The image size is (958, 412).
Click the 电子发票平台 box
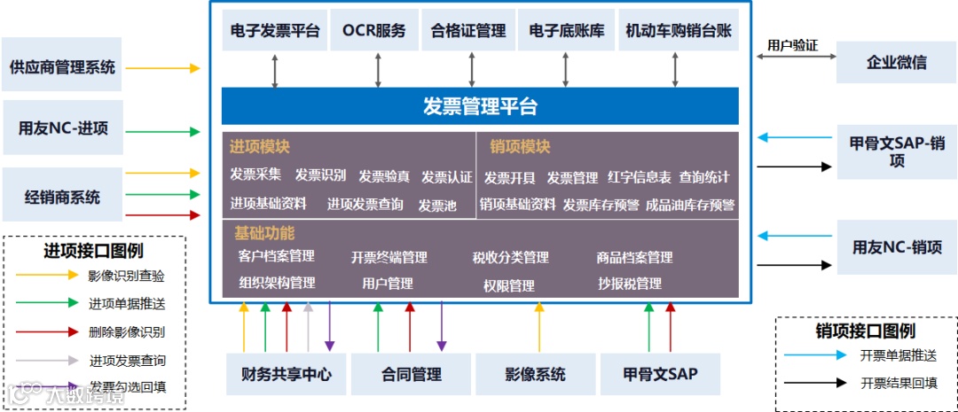(275, 31)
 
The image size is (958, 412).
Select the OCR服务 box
(373, 31)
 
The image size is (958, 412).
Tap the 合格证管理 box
(467, 31)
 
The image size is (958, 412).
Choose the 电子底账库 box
(566, 31)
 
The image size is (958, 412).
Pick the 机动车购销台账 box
(679, 31)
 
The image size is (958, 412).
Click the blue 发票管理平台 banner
(480, 106)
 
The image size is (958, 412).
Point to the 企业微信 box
(896, 62)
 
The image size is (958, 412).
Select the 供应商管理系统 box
(62, 66)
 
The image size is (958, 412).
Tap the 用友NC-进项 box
(62, 128)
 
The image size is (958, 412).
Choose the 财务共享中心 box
(286, 374)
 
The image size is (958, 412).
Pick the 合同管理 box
(411, 374)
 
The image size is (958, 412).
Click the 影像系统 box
(535, 374)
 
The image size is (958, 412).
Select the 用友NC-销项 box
(897, 247)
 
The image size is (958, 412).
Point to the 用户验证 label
(792, 45)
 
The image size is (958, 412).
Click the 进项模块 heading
(260, 147)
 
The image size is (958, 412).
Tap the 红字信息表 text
(640, 177)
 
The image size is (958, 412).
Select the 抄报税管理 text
(630, 284)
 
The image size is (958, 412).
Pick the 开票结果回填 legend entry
(897, 384)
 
